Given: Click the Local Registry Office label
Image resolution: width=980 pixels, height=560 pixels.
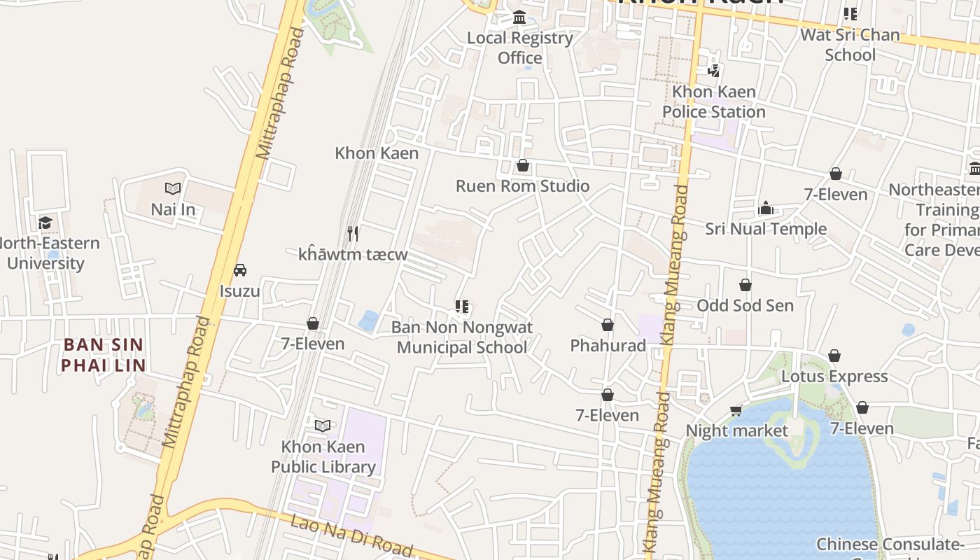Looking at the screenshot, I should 519,48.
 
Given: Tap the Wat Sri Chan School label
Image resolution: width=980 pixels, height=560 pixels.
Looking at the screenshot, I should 850,45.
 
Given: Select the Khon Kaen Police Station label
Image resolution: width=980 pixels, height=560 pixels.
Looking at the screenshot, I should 714,101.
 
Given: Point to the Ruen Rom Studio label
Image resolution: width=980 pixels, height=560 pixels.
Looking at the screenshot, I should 522,186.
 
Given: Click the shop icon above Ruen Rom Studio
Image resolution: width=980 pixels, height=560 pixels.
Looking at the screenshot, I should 522,166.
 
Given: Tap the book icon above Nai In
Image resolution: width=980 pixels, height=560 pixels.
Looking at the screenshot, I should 173,188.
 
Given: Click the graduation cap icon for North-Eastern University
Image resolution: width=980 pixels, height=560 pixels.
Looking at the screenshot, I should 45,223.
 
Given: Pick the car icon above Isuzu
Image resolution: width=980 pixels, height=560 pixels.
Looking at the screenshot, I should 239,270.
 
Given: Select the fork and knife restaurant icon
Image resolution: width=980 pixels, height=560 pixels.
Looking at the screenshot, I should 353,233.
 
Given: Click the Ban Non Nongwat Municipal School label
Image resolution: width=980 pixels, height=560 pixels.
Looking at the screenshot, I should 462,337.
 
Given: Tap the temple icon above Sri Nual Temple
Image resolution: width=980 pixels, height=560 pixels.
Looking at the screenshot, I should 766,208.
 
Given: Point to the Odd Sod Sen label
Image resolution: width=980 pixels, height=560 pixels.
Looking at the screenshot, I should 745,305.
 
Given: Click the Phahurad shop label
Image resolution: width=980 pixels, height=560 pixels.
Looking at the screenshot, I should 608,345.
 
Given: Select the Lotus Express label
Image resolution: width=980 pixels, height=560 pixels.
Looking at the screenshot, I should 834,377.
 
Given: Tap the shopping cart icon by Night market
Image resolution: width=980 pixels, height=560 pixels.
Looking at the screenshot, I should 736,411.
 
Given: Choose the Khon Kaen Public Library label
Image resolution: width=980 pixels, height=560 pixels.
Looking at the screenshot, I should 323,457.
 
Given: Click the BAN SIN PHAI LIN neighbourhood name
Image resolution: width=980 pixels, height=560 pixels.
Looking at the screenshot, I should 103,355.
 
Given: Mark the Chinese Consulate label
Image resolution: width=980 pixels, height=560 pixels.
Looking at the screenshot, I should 889,545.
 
